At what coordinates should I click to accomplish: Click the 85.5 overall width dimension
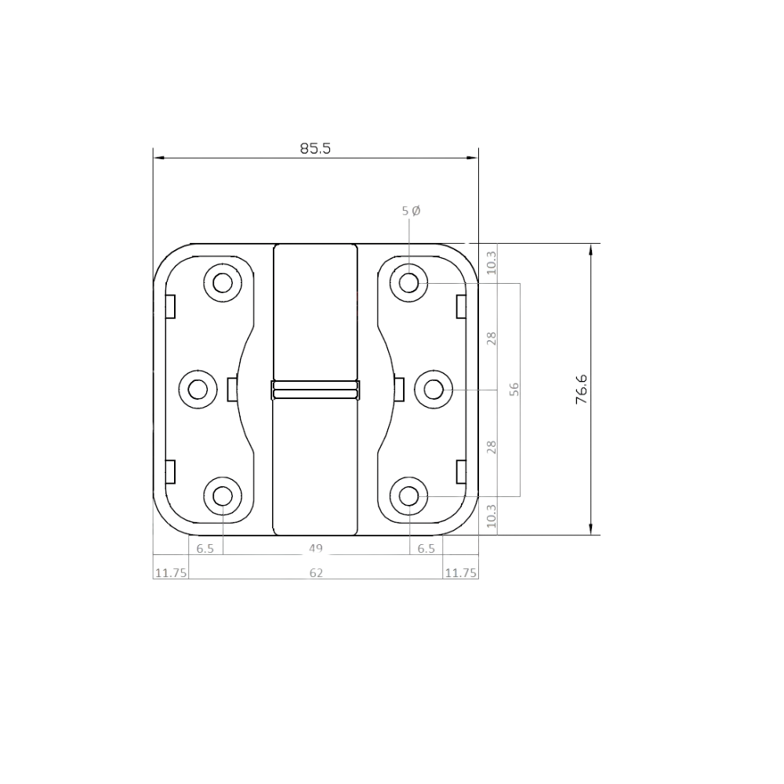315,148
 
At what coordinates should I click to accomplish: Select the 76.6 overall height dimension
582,389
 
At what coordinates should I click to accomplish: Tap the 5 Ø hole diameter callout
411,211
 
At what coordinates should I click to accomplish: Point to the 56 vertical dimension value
514,389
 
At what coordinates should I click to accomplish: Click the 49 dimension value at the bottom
315,548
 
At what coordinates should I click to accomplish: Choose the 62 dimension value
316,572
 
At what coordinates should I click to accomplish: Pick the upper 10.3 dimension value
492,263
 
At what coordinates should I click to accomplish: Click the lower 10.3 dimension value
492,516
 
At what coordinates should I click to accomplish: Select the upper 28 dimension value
492,338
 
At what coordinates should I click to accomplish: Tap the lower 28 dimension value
492,447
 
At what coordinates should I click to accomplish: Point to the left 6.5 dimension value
205,549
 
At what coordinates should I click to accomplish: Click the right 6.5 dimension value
426,549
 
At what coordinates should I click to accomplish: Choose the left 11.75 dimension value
171,572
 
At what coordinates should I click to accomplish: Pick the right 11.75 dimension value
460,572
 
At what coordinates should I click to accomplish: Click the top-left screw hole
223,283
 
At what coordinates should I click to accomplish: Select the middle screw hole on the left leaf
198,389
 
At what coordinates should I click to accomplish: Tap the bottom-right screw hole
409,496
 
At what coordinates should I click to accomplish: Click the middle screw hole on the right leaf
434,389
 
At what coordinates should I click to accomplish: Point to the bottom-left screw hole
223,496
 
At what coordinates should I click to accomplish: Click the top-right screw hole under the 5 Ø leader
409,283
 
